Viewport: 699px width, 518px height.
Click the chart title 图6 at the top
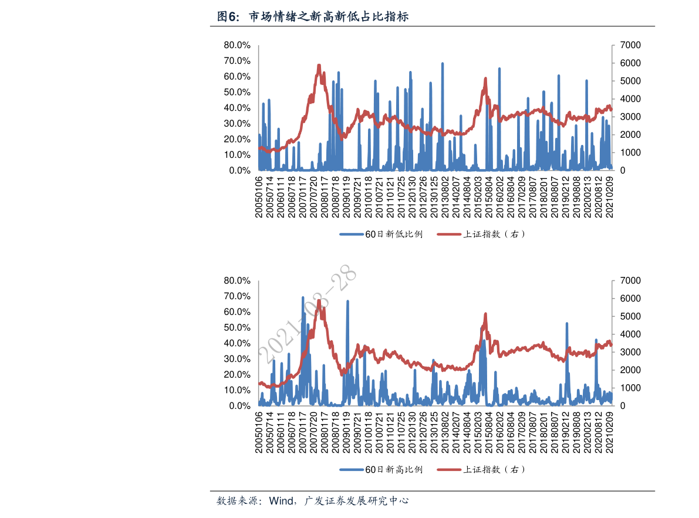313,17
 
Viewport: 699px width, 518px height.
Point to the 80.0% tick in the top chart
237,45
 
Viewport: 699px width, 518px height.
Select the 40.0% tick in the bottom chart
237,343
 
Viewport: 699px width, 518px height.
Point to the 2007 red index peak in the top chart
319,65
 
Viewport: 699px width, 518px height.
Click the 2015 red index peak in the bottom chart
485,314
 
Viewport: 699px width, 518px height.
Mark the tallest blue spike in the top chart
443,63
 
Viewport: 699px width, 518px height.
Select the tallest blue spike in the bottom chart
303,297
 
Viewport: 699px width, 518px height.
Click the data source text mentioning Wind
313,501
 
